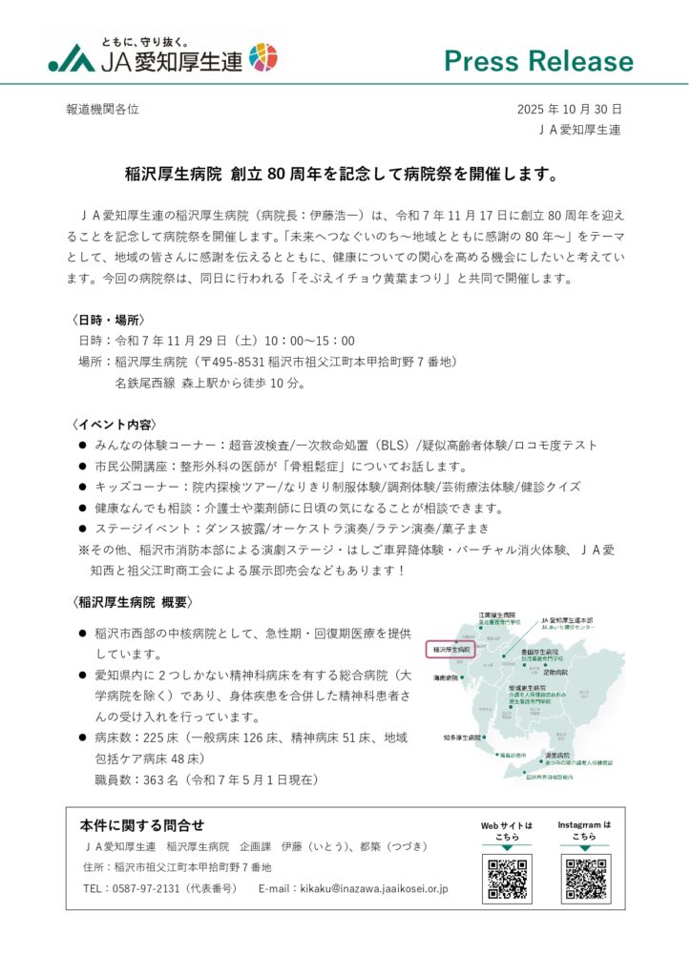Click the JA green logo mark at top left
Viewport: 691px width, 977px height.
coord(72,60)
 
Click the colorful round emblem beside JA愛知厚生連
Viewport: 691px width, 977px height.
coord(263,57)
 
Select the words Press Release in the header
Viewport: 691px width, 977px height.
coord(538,61)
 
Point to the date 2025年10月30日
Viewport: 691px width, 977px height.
coord(569,110)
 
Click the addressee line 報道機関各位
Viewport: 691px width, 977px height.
coord(102,110)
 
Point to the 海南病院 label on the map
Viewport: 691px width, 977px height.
coord(446,677)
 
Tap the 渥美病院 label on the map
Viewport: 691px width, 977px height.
coord(558,755)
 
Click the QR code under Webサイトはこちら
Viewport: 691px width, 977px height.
coord(508,880)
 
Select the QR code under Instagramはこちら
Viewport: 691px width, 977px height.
coord(585,880)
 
